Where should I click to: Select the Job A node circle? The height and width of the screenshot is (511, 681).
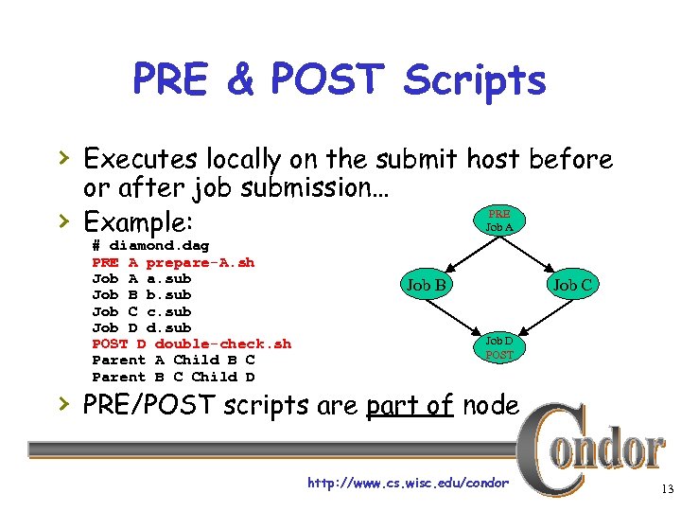point(499,220)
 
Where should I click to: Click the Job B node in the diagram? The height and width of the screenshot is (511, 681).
point(427,285)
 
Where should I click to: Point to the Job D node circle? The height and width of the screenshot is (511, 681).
point(499,347)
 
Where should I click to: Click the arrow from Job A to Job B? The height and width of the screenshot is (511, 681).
point(461,254)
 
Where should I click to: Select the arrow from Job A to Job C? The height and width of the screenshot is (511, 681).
point(537,253)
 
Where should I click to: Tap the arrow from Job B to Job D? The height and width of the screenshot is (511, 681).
point(462,317)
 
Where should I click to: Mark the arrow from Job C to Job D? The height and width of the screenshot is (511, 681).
point(538,316)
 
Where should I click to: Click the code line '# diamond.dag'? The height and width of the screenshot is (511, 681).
point(150,245)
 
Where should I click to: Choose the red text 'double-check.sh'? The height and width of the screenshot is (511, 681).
point(222,344)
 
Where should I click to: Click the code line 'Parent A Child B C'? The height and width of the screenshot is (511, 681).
point(173,360)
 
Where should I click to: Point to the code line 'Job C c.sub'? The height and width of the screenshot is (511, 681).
point(141,310)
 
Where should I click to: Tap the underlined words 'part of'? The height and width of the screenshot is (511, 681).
point(412,405)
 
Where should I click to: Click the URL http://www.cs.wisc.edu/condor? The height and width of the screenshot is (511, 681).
point(408,484)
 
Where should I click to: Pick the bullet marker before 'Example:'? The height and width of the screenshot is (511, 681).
point(62,222)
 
